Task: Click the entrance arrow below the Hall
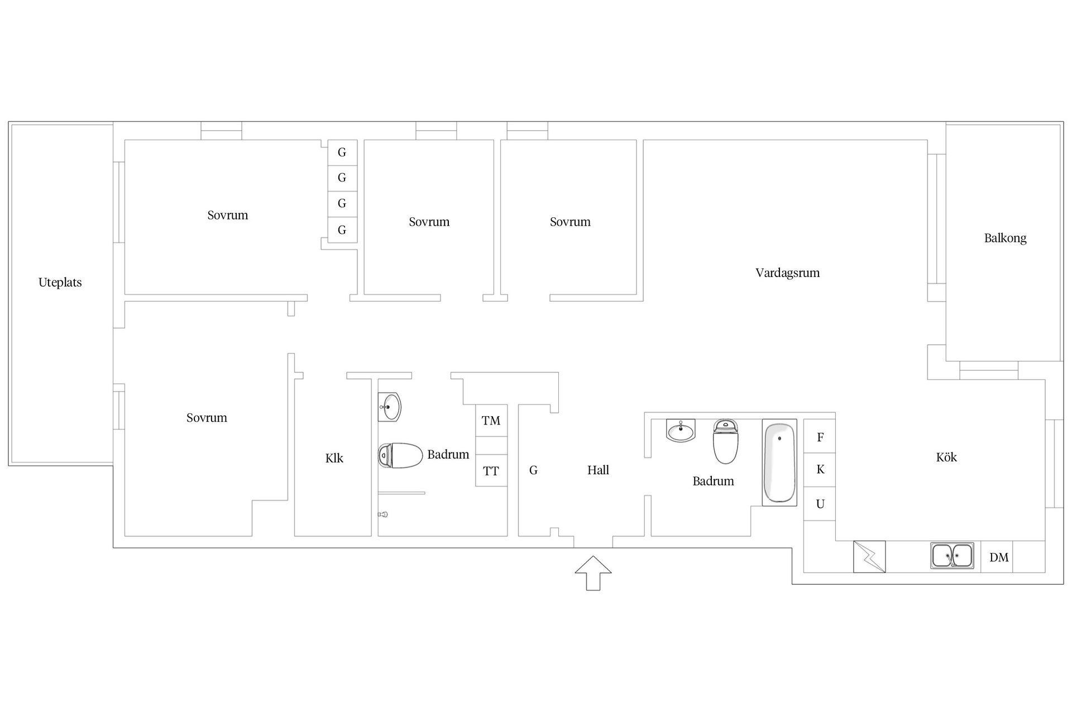593,573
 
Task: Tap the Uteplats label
60,283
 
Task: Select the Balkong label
1005,238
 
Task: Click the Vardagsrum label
787,273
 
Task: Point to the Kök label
946,457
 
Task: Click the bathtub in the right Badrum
779,463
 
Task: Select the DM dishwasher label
999,557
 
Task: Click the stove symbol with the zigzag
869,556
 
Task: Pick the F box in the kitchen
820,436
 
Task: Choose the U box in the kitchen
820,504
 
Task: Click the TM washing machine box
491,421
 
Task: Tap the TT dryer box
491,471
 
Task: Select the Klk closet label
334,459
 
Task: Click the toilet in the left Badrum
400,455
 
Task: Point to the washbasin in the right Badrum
681,431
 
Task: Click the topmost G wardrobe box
342,152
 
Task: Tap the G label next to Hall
533,470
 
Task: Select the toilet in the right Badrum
726,442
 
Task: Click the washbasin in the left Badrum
390,407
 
